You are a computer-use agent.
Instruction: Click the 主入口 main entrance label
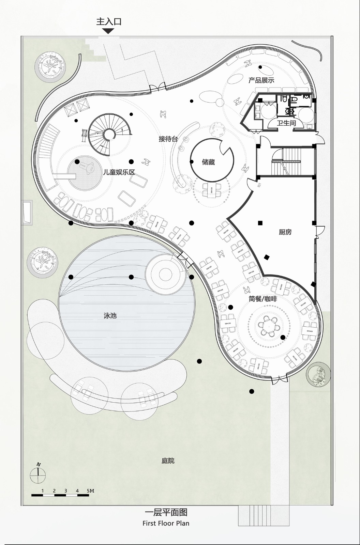[x=109, y=22]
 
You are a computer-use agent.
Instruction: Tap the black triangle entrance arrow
[x=108, y=31]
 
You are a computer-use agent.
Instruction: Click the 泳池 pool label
[x=110, y=316]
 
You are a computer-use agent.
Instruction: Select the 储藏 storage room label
[x=208, y=162]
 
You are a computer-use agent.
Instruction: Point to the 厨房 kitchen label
[x=285, y=232]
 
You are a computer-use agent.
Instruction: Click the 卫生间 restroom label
[x=286, y=123]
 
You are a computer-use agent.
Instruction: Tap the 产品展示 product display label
[x=261, y=80]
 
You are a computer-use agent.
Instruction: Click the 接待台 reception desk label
[x=168, y=139]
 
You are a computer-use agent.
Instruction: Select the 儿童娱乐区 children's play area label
[x=119, y=172]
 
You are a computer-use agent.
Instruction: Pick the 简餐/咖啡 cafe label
[x=262, y=299]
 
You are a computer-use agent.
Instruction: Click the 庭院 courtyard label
[x=168, y=461]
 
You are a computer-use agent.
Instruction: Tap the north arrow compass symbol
[x=38, y=474]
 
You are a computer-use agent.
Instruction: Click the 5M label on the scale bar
[x=90, y=491]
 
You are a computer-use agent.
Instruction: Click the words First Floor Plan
[x=166, y=523]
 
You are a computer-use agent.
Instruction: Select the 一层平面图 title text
[x=166, y=512]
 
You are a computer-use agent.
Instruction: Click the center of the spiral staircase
[x=109, y=134]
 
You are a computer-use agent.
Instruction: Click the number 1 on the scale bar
[x=43, y=491]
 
